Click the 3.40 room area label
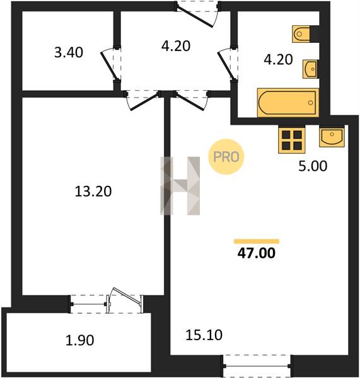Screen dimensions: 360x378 69,52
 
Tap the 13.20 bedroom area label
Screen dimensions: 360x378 93,192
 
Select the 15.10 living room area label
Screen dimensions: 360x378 204,335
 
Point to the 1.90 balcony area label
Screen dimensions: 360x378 80,340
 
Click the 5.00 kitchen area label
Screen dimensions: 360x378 313,166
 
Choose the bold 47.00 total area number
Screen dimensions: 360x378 256,253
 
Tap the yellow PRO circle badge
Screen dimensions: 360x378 226,157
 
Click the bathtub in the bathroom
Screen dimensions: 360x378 288,103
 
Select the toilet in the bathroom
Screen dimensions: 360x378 306,34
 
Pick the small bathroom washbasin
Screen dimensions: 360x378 310,69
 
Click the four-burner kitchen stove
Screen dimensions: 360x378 292,140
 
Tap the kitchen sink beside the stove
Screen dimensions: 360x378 332,137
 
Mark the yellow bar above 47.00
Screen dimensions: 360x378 257,241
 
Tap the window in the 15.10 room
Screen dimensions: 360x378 257,366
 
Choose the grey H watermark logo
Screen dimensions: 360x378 180,186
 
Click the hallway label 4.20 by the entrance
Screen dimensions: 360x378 176,46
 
